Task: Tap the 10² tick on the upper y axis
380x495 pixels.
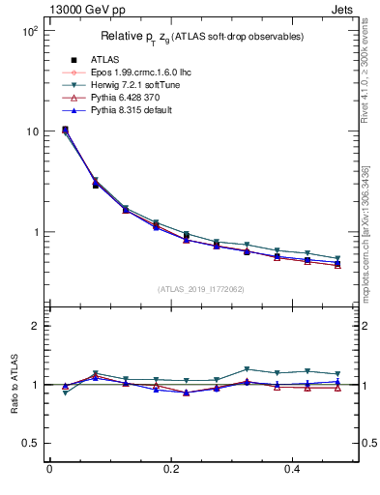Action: [x=28, y=31]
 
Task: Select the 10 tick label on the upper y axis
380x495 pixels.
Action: [x=31, y=131]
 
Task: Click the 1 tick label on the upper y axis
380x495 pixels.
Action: [x=34, y=232]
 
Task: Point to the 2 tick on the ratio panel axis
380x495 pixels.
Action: [x=34, y=326]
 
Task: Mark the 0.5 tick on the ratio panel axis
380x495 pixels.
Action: [x=30, y=443]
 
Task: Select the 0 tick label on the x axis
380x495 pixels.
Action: [x=49, y=471]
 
